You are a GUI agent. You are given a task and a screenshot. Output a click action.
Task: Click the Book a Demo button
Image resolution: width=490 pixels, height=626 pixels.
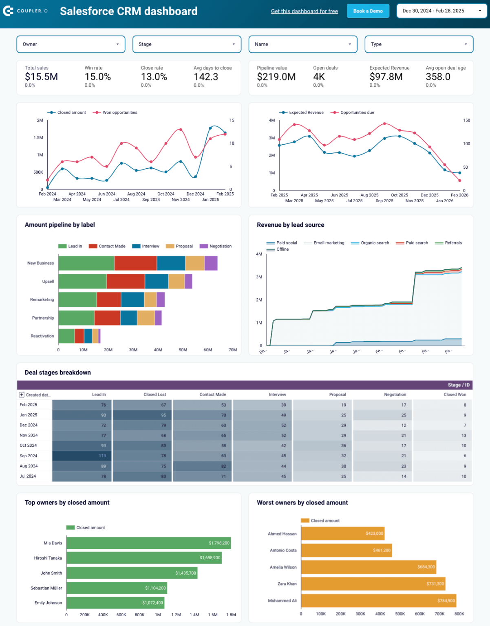pos(368,11)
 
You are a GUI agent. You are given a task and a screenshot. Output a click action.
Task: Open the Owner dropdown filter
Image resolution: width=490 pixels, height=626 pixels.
pos(71,44)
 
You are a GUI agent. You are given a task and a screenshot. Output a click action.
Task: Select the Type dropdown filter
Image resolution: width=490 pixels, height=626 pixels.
pos(419,44)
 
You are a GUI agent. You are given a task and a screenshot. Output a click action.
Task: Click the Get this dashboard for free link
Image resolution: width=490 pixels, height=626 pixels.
pos(304,11)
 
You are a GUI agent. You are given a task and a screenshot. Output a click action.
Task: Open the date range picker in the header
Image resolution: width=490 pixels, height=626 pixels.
pos(441,11)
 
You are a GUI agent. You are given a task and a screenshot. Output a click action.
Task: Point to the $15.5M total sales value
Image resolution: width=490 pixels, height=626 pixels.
pos(41,77)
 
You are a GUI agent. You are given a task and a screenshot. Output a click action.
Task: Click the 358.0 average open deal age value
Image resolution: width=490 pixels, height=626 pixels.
pos(438,77)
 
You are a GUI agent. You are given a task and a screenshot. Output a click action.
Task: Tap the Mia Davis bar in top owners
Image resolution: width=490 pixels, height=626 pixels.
pos(148,543)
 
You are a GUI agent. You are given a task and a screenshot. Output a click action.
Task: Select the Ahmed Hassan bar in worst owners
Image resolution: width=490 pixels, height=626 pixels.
pos(342,533)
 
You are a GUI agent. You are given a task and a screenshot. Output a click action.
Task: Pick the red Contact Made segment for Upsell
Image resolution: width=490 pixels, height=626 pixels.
pos(126,281)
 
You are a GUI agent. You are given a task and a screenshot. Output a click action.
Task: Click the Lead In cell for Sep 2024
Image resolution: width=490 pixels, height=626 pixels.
pos(82,456)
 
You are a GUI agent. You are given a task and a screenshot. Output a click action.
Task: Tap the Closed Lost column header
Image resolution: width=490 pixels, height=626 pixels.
pos(155,395)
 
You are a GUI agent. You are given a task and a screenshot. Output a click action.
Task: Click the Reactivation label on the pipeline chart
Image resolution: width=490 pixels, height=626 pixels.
pos(42,336)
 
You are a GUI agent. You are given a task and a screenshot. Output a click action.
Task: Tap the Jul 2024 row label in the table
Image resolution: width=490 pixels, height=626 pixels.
pos(28,476)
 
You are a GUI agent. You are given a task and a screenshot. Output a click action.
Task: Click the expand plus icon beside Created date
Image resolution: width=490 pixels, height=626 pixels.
pos(22,395)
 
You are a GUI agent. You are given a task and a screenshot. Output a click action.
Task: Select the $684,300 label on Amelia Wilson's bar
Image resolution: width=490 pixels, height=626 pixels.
pos(426,567)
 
